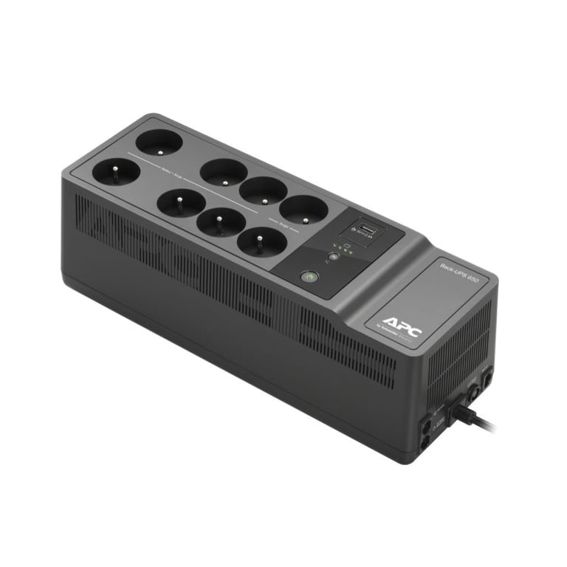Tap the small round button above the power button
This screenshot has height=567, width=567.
click(334, 257)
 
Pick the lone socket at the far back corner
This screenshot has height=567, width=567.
click(159, 140)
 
